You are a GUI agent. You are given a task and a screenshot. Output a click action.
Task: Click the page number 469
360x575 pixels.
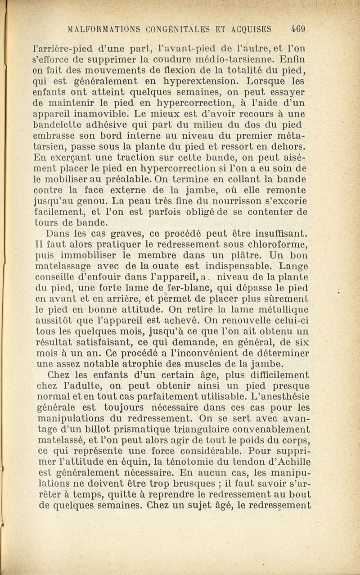[x=298, y=30]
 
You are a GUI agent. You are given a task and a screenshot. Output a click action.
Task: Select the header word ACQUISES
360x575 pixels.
[x=251, y=30]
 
